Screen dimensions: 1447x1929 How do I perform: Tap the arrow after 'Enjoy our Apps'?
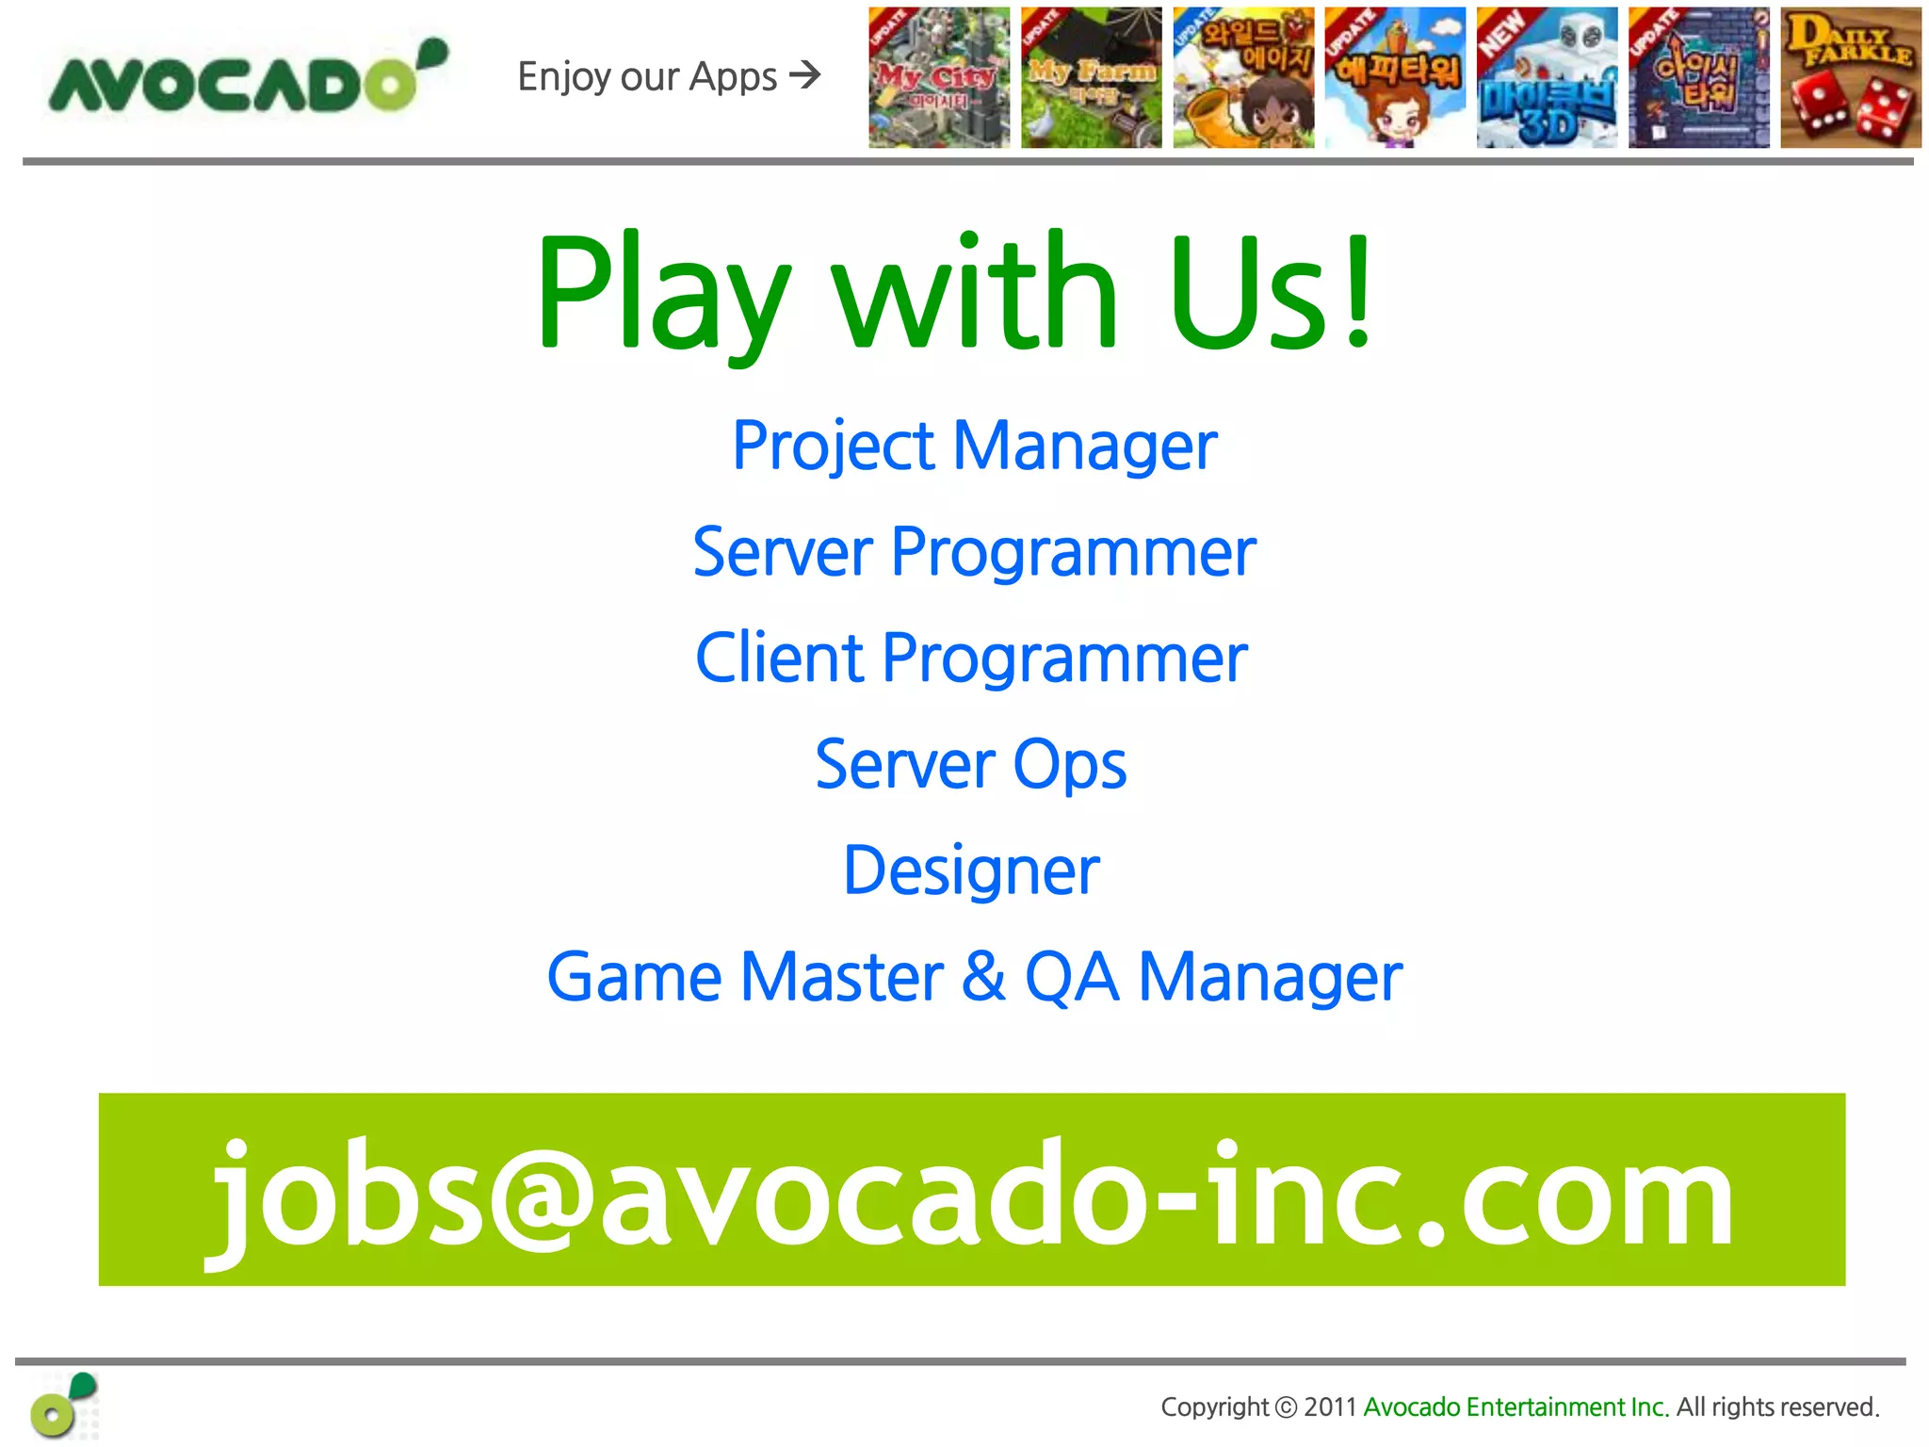(805, 74)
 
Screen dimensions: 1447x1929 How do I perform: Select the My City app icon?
(939, 78)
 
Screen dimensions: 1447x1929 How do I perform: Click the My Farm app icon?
(1091, 78)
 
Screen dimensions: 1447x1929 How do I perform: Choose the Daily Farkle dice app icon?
(1850, 78)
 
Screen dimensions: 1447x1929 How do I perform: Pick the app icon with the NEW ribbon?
(1547, 78)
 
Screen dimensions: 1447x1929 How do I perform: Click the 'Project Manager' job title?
(974, 446)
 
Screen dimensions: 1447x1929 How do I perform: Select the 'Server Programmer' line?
(974, 552)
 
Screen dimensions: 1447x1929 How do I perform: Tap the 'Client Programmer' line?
(971, 658)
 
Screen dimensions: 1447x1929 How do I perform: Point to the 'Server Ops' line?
(970, 764)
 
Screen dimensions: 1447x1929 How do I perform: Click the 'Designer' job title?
(971, 870)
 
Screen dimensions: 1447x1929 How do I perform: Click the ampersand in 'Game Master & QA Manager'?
(983, 977)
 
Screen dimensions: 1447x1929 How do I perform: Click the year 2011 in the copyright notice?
(1329, 1407)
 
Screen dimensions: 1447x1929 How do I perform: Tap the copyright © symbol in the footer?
(1286, 1407)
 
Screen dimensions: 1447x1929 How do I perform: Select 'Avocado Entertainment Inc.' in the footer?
(1516, 1407)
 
